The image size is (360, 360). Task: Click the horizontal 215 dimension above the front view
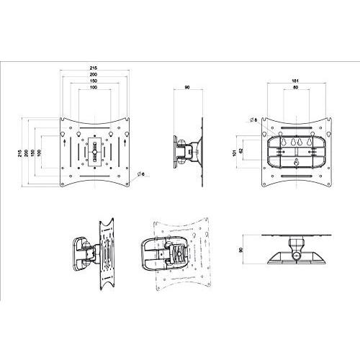pos(94,67)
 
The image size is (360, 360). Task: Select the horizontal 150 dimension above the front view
pos(94,81)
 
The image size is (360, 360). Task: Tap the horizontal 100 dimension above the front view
pos(94,89)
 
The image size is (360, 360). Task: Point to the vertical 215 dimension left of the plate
pos(19,153)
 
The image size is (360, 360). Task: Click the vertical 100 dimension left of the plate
pos(40,153)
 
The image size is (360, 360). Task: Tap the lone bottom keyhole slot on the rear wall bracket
pos(296,162)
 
